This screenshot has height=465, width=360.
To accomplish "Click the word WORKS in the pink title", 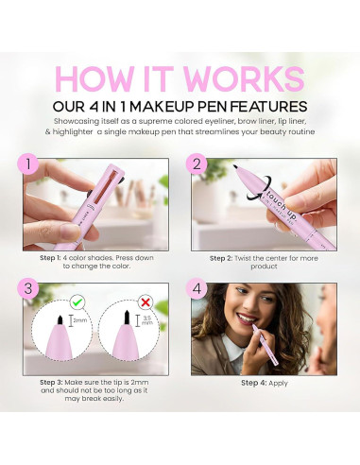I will point(249,81).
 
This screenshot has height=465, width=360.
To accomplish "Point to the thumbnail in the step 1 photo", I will point(60,230).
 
